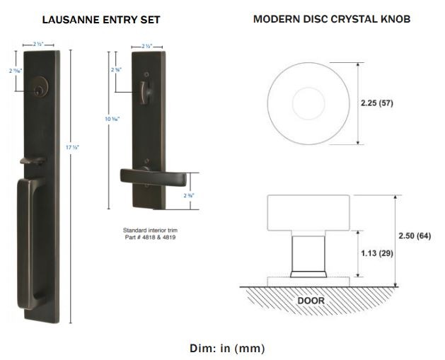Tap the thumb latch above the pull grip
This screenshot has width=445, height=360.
click(x=29, y=162)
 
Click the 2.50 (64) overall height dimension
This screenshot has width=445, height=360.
click(x=414, y=235)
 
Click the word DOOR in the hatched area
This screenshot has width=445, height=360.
click(x=311, y=301)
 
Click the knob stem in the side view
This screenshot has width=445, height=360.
click(x=308, y=251)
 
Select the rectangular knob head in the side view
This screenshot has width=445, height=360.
click(x=308, y=212)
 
